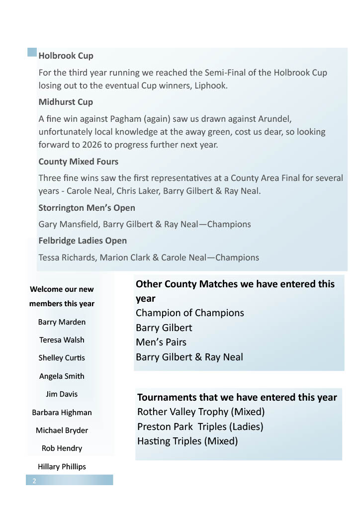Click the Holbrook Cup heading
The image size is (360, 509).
[66, 56]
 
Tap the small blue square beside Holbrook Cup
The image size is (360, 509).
[32, 52]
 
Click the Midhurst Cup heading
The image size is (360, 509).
[66, 102]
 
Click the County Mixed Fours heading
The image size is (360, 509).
[78, 162]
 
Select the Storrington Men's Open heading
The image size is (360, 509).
[87, 208]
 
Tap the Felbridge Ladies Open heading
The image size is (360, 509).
[83, 241]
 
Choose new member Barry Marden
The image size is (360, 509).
[62, 322]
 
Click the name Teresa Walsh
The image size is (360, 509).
[62, 340]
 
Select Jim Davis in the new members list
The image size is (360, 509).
[62, 394]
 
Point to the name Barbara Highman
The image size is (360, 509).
[62, 413]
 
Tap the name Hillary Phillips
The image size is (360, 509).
[62, 467]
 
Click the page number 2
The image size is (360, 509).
[34, 481]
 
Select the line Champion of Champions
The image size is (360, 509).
[189, 313]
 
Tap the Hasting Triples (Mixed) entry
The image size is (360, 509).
[187, 441]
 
